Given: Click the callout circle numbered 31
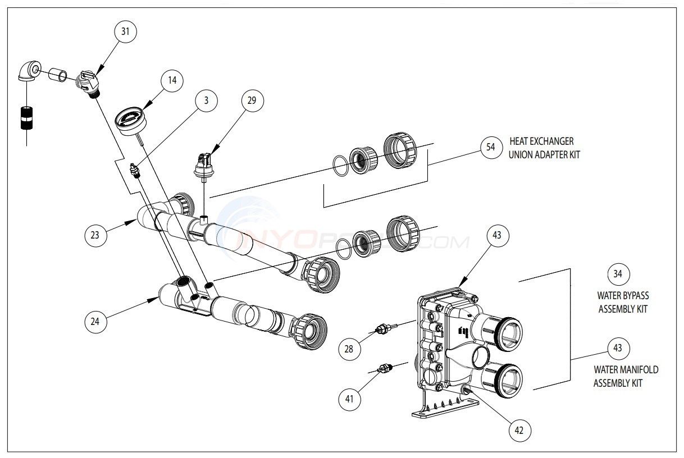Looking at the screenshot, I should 125,32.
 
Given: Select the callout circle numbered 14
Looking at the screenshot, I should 172,81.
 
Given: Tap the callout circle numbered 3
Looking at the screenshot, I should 207,101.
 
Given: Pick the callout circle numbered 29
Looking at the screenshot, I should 252,101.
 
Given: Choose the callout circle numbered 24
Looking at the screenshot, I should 95,321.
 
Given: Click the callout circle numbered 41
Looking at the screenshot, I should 349,399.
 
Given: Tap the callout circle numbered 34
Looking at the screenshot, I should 618,274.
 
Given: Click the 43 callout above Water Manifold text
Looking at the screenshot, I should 618,348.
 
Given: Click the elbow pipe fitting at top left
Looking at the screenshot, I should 28,71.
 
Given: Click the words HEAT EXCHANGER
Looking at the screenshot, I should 541,141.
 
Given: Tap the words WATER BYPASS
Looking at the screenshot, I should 619,295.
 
